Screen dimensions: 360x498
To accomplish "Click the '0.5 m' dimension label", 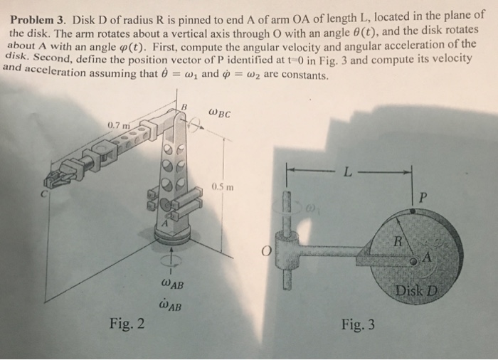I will [x=222, y=188].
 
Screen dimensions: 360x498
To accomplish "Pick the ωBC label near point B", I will [x=221, y=112].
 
